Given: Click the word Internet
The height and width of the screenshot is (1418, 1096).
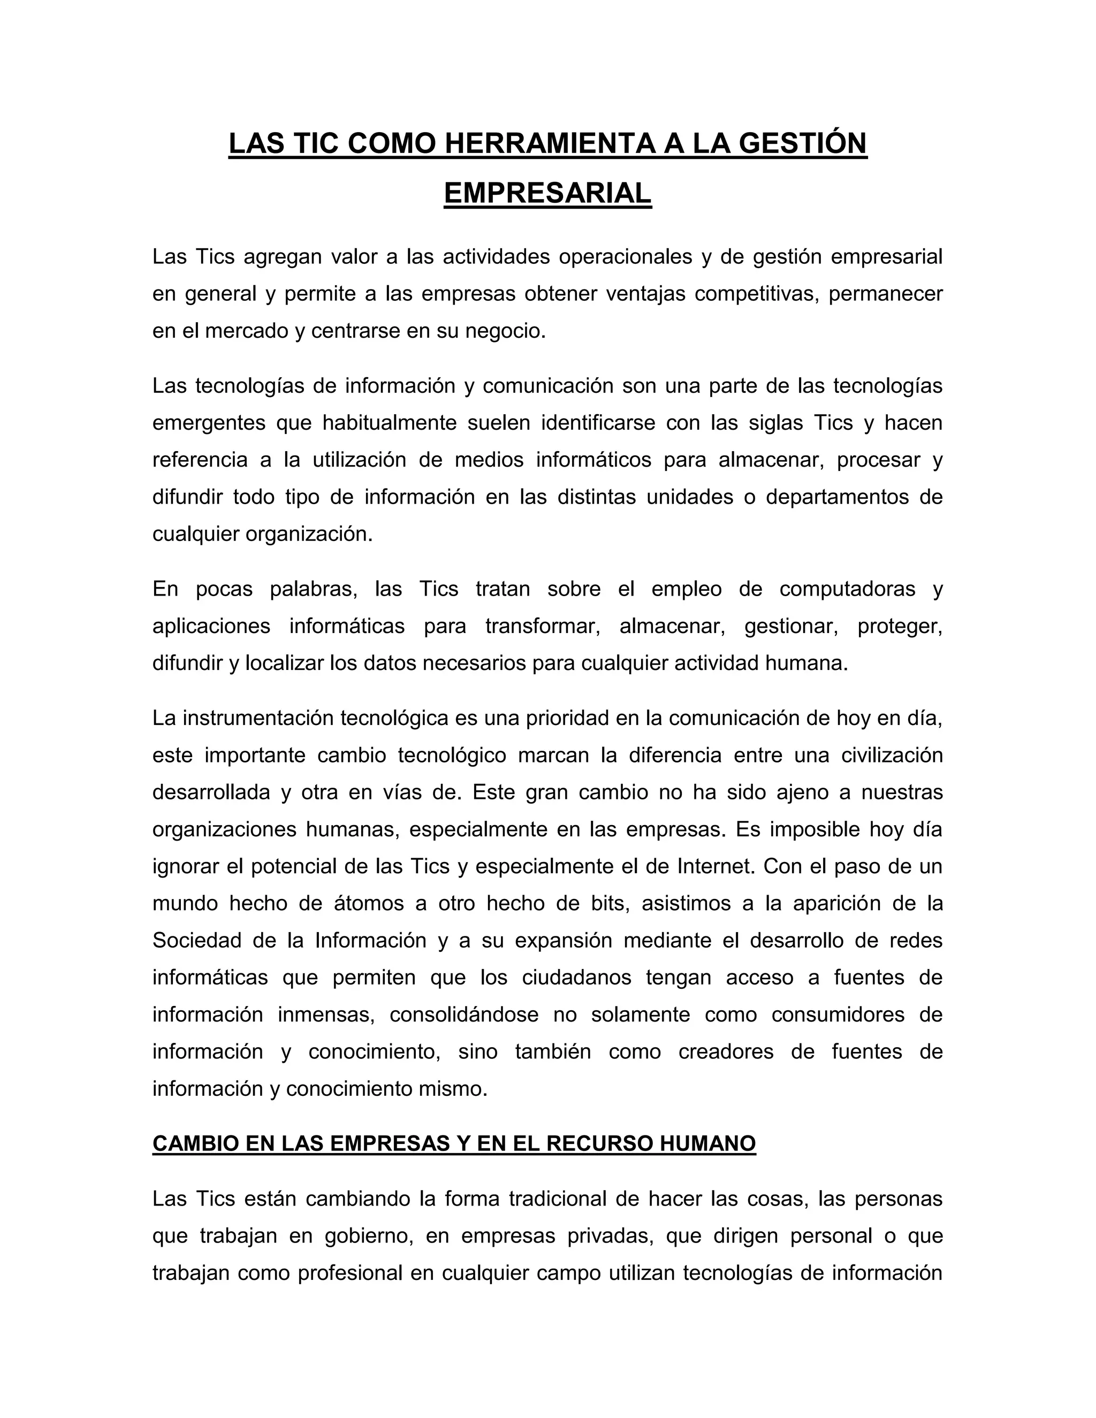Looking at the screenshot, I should (x=716, y=867).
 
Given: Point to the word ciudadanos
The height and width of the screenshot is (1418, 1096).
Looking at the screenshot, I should (x=576, y=978).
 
